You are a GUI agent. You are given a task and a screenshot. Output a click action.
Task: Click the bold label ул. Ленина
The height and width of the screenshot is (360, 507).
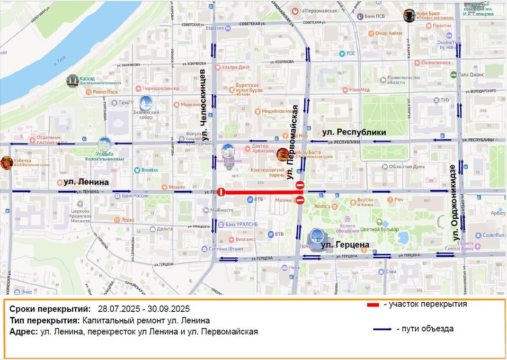[x=86, y=182]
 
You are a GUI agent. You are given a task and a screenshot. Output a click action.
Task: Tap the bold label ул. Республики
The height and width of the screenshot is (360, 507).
[x=354, y=132]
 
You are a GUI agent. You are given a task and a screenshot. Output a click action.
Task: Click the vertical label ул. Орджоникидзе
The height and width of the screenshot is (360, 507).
[x=453, y=195]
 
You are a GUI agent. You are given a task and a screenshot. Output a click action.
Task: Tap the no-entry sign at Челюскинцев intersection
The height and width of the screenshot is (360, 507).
[x=221, y=192]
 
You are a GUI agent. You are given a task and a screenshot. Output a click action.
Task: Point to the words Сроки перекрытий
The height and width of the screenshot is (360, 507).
[x=50, y=309]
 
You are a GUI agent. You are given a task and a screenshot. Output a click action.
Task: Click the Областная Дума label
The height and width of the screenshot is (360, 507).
[x=407, y=166]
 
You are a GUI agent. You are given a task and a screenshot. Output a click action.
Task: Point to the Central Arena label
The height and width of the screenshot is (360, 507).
[x=459, y=248]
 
